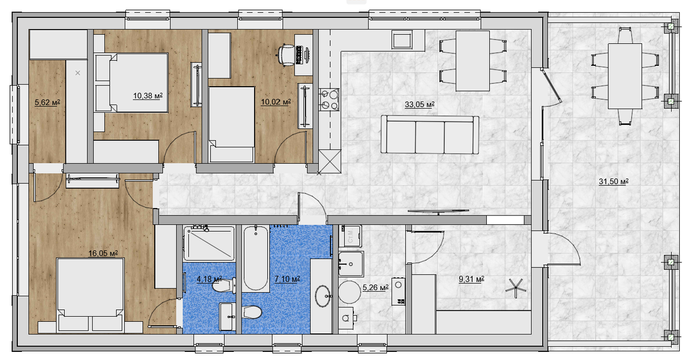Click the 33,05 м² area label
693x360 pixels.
tap(419, 105)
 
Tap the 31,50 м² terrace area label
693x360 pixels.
tap(613, 181)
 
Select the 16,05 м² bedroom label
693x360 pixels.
tap(103, 253)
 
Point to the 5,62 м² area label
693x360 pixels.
tap(47, 102)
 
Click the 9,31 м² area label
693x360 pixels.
tap(471, 279)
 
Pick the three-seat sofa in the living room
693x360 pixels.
tap(430, 135)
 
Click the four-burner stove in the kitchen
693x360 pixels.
tap(329, 99)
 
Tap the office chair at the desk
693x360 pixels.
tap(286, 55)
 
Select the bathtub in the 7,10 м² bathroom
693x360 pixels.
tap(255, 258)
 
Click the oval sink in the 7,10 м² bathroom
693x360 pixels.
tap(323, 296)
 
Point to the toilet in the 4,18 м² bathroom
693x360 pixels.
tap(224, 285)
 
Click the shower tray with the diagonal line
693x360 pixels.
tap(209, 244)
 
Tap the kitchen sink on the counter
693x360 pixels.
tap(402, 39)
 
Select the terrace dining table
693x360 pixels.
tap(625, 76)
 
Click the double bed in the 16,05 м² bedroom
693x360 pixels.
tap(90, 294)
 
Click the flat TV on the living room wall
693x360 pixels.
tap(438, 211)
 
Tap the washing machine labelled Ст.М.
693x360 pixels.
tap(351, 236)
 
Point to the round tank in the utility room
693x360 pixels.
tap(349, 292)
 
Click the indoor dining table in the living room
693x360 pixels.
tap(472, 61)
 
